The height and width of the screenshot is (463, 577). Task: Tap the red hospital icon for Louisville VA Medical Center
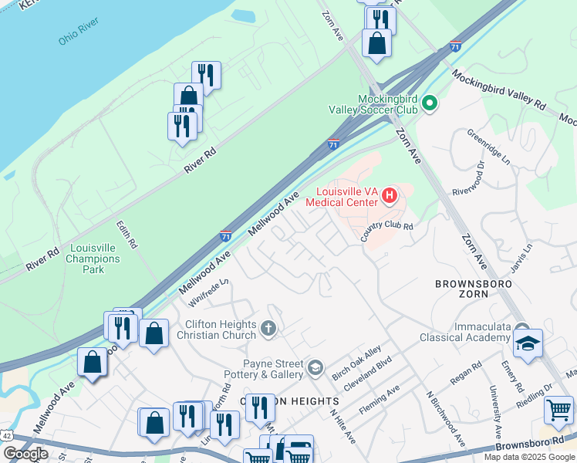pos(390,196)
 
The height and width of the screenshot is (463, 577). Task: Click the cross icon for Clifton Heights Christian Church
pos(268,330)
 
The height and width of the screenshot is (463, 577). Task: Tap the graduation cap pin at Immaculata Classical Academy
pos(528,343)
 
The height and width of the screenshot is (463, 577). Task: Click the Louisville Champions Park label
pos(93,259)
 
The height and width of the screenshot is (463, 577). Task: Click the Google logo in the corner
pos(25,453)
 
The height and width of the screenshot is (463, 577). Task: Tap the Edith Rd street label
pos(127,234)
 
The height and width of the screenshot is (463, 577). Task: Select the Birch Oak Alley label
pos(356,362)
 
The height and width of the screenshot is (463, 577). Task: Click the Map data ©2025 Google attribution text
pos(528,457)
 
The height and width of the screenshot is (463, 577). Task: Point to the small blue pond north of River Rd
pos(243,15)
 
